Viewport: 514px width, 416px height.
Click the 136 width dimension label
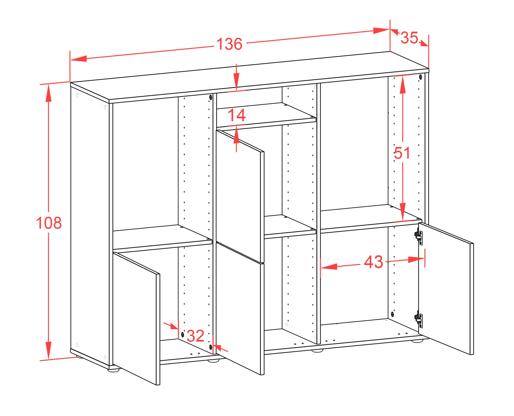[229, 44]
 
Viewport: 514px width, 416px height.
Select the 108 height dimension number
[49, 223]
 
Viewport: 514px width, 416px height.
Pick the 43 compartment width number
[373, 262]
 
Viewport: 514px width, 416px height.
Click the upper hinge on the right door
[418, 235]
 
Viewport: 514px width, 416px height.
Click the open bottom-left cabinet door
[136, 319]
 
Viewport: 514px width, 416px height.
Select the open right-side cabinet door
[446, 288]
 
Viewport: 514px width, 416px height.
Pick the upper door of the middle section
[240, 196]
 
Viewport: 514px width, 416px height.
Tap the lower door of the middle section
[240, 308]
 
